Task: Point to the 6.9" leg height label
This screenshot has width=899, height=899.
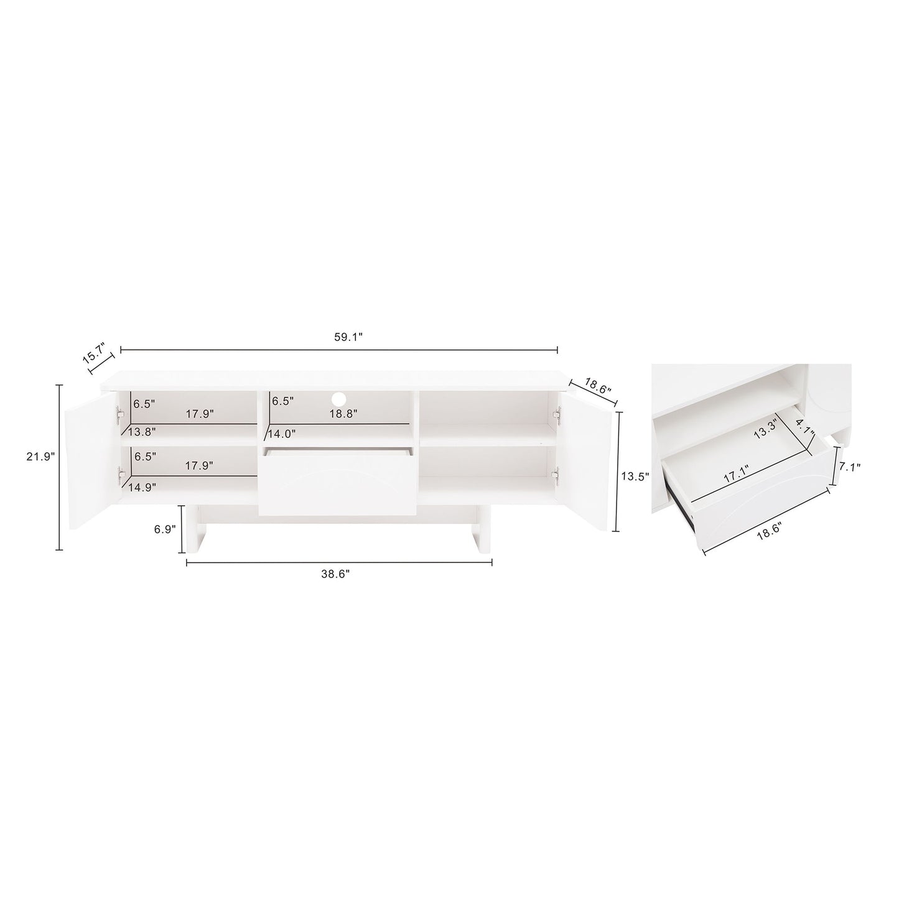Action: pos(165,528)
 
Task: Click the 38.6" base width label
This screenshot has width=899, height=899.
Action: pos(336,574)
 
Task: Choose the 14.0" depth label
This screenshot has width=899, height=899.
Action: pos(282,434)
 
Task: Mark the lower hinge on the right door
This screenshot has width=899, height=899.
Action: pos(557,476)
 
